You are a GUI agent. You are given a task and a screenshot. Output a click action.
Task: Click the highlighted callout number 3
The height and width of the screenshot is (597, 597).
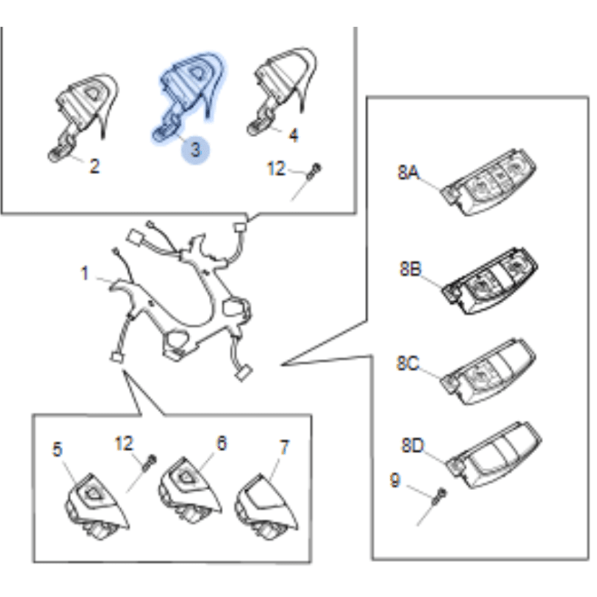(x=195, y=150)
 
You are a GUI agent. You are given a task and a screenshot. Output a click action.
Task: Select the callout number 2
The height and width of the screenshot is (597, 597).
(x=94, y=166)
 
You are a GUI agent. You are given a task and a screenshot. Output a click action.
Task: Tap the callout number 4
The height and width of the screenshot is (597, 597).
(x=293, y=135)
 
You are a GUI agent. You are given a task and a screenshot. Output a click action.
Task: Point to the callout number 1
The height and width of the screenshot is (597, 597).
(x=85, y=273)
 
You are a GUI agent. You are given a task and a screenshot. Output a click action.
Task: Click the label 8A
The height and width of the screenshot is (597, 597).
(x=408, y=172)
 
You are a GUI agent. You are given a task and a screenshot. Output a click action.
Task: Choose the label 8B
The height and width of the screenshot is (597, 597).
(x=410, y=268)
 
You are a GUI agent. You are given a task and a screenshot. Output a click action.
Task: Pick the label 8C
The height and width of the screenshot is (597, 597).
(x=408, y=363)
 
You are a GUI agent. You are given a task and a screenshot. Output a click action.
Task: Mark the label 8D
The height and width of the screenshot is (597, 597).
(x=413, y=446)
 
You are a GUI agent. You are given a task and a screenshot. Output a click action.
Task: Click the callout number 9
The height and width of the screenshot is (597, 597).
(x=395, y=480)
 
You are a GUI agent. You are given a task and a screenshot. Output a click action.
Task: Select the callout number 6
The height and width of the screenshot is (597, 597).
(x=222, y=443)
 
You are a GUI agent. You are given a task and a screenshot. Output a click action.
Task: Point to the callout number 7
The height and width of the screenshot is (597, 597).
(x=284, y=447)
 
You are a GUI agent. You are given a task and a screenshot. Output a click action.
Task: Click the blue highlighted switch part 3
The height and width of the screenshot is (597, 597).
(x=189, y=96)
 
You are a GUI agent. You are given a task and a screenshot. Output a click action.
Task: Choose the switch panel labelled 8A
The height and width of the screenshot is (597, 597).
(x=488, y=183)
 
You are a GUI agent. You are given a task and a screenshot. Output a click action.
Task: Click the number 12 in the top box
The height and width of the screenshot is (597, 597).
(x=276, y=169)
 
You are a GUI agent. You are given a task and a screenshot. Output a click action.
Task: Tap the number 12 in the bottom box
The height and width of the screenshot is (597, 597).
(x=124, y=443)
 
